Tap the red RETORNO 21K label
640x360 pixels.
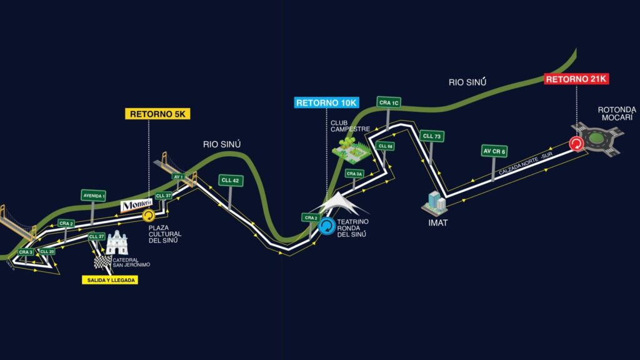576,79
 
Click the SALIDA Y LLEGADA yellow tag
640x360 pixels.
109,280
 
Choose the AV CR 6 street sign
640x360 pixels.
494,150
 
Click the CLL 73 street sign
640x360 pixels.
432,136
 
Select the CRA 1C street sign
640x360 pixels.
389,102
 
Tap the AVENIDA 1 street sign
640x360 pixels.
93,196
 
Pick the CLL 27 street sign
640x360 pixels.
96,236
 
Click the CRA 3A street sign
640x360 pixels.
354,173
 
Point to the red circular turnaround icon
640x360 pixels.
576,144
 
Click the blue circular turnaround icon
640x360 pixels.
327,226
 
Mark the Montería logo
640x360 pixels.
136,205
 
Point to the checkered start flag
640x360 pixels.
102,261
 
